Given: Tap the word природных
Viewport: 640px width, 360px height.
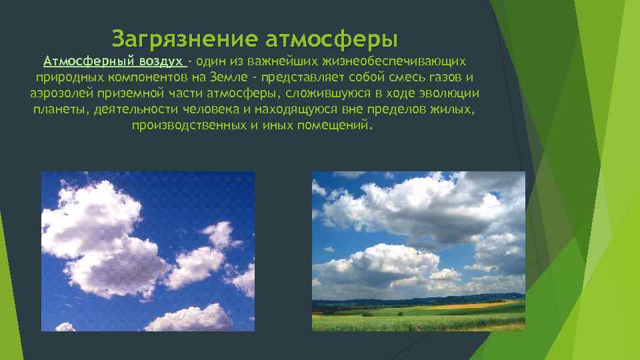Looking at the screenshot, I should pos(64,78).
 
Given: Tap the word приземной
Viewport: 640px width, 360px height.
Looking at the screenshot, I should pos(132,94).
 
